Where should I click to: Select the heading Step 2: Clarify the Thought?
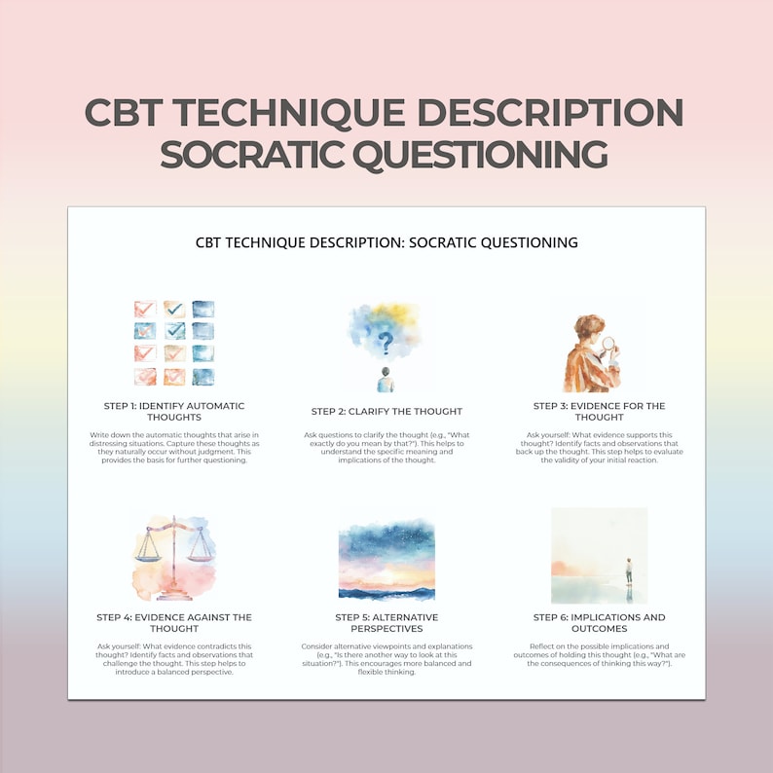click(x=386, y=412)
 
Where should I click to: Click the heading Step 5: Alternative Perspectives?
click(x=386, y=623)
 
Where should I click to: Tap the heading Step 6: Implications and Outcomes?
click(x=600, y=623)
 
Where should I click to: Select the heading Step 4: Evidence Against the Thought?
click(x=174, y=623)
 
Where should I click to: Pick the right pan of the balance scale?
click(x=201, y=552)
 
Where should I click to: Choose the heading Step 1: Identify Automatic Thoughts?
click(x=174, y=412)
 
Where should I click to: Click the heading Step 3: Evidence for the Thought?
click(x=600, y=412)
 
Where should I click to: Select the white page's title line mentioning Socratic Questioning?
click(x=386, y=242)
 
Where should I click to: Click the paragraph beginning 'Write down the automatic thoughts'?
click(x=174, y=448)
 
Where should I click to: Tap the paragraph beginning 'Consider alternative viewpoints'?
click(x=386, y=658)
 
